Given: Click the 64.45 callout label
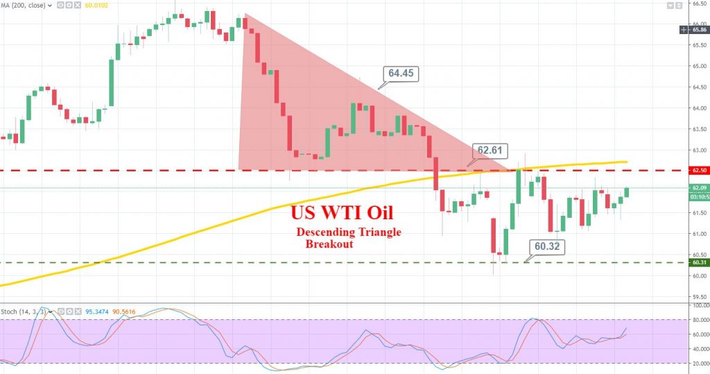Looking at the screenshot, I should (402, 73).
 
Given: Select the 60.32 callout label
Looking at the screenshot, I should (548, 246).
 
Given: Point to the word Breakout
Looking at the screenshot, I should (329, 244).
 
